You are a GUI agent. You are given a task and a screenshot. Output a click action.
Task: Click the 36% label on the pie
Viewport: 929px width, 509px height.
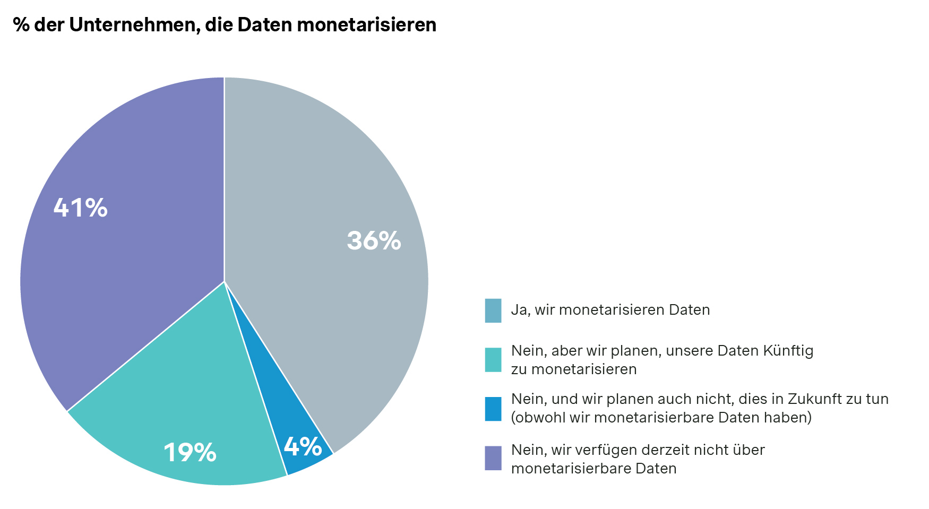click(374, 240)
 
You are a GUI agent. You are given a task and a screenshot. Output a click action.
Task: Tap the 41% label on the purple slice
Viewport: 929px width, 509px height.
click(81, 208)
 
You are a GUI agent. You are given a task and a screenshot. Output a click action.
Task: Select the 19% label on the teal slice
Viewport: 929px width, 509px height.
click(190, 453)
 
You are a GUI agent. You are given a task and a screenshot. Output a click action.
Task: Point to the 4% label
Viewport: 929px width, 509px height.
click(303, 446)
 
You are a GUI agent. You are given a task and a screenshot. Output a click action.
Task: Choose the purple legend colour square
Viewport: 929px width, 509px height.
click(493, 458)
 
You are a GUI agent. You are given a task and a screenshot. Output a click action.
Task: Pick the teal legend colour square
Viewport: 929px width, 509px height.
click(493, 360)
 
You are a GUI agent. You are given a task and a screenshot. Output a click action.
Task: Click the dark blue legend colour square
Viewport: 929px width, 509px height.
click(493, 409)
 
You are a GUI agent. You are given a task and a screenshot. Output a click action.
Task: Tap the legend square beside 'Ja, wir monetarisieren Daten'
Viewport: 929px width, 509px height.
click(493, 310)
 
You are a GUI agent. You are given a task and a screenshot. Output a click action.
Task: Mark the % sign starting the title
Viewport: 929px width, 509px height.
click(21, 24)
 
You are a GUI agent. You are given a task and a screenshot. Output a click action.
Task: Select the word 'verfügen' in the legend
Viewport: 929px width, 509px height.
click(606, 450)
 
